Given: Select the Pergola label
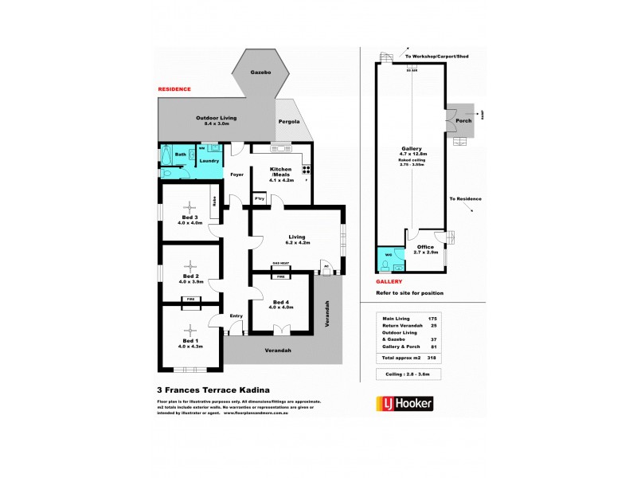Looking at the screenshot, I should (288, 122).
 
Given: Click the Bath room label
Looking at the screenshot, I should (181, 154).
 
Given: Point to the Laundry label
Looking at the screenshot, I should (209, 161).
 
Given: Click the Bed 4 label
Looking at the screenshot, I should (281, 304).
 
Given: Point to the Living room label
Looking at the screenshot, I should (298, 237).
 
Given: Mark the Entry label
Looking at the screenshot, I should (236, 316).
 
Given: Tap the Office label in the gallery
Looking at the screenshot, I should (425, 248).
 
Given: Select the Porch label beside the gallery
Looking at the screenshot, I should (463, 121).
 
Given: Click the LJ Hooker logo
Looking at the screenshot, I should (404, 404).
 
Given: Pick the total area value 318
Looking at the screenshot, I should (433, 358).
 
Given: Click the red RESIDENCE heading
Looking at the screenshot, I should (174, 89).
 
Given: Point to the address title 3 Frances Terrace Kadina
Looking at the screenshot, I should (209, 390).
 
